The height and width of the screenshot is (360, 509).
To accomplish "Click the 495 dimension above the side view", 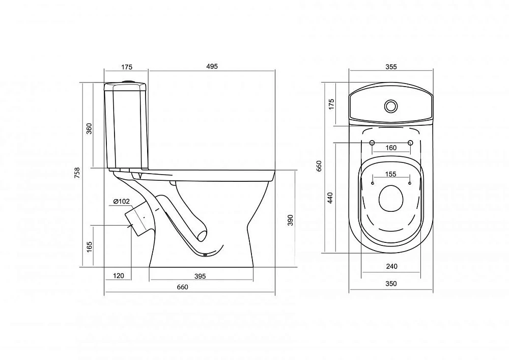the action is tap(212, 66).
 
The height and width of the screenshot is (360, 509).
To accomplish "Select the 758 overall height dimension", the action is tap(77, 173).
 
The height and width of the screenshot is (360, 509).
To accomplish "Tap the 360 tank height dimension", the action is tap(90, 128).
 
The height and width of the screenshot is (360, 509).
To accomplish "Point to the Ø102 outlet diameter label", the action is tap(122, 202).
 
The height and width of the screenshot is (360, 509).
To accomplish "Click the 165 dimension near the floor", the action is tap(90, 246).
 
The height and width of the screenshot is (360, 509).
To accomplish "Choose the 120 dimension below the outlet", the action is tap(119, 276).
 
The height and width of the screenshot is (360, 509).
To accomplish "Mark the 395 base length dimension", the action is tap(200, 276).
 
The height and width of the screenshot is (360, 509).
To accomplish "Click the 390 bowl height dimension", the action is tap(290, 220).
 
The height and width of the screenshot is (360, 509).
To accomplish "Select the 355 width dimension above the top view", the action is tap(391, 67).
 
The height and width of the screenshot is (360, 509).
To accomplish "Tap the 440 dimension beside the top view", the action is tap(330, 198).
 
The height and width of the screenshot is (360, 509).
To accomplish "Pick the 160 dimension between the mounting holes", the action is tap(391, 148).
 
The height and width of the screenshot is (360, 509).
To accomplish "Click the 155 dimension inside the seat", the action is tap(390, 174).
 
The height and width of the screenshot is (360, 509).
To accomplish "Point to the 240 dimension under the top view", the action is tap(392, 266).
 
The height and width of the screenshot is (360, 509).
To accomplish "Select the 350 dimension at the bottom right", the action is tap(391, 284).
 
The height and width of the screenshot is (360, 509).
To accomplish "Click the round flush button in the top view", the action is tap(391, 106).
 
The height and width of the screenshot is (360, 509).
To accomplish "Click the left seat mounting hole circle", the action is tap(372, 143).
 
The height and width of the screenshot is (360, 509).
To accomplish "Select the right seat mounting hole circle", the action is tap(410, 143).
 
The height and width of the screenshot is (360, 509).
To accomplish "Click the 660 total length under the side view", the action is tap(182, 287).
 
